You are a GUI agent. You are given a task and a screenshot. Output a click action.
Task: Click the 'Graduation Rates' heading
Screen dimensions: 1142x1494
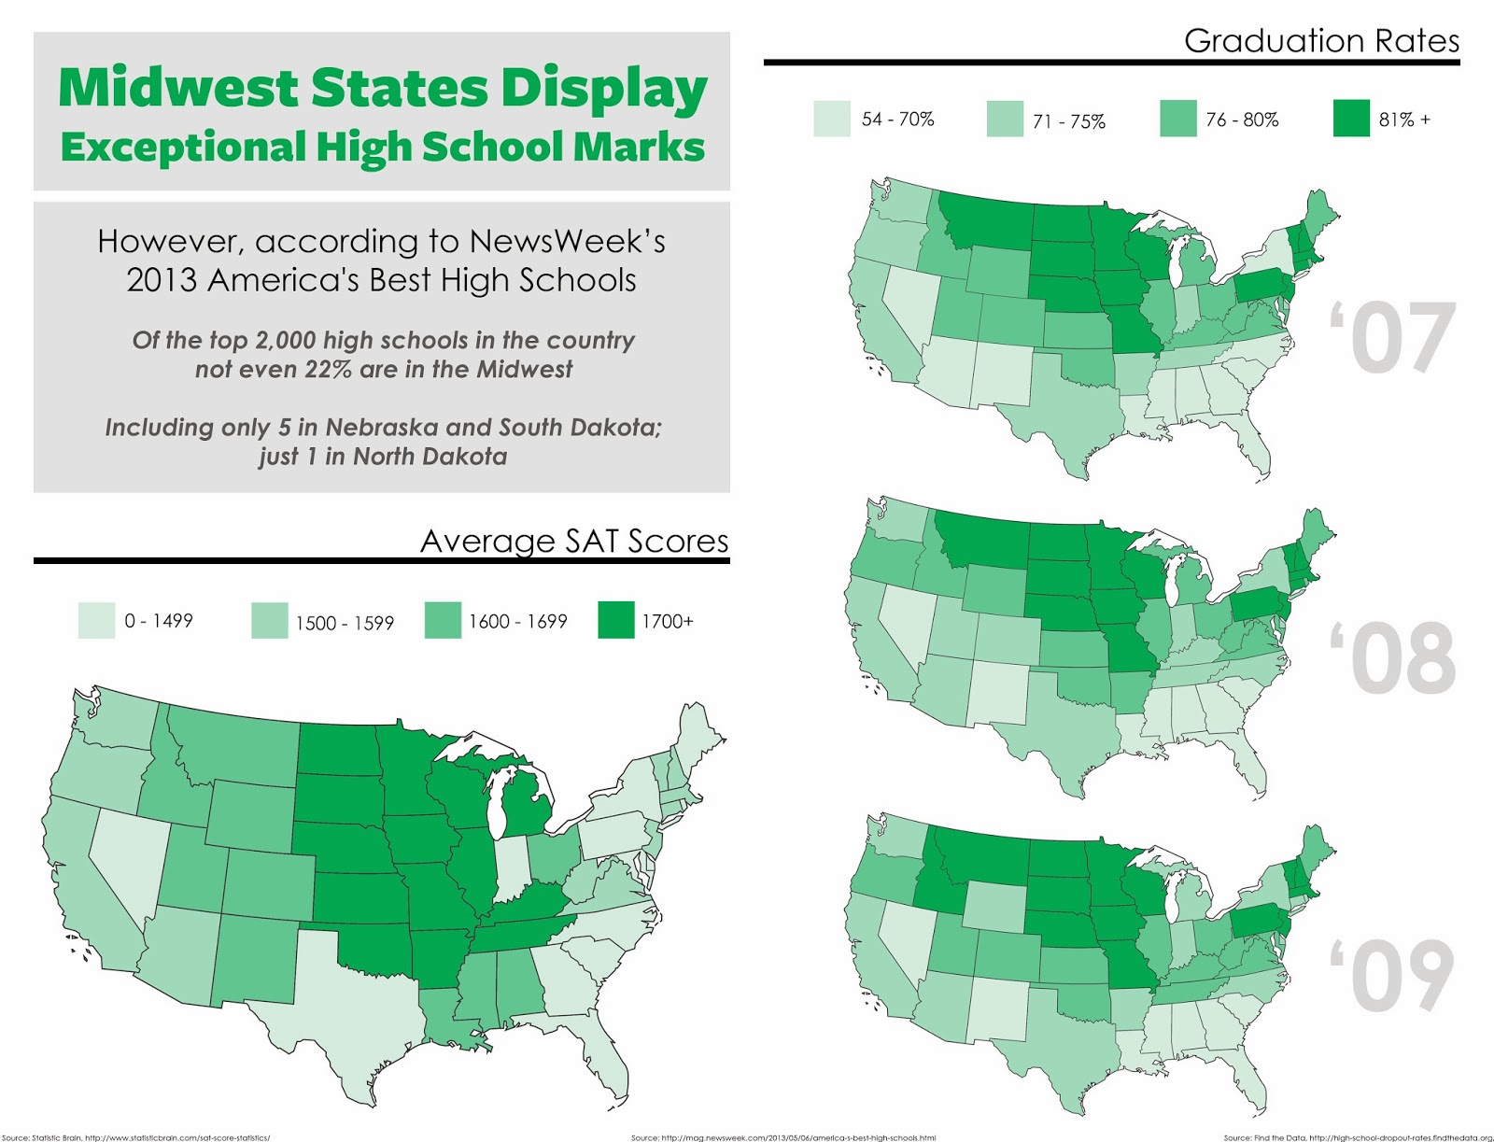[x=1321, y=41]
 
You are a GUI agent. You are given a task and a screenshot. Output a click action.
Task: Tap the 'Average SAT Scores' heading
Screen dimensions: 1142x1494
[x=574, y=542]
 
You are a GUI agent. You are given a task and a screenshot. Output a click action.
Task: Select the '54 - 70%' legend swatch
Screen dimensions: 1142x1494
[x=831, y=120]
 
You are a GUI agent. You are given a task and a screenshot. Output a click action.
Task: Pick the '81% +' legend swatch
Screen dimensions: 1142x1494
[x=1351, y=120]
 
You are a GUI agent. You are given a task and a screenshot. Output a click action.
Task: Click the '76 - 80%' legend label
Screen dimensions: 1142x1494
[x=1242, y=120]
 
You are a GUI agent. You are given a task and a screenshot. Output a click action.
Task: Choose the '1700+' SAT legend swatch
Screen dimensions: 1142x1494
[x=615, y=621]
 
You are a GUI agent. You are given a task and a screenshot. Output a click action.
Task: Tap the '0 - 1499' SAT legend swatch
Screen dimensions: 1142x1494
[x=96, y=621]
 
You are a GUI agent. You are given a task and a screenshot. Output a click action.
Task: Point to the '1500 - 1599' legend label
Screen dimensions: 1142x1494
[x=345, y=623]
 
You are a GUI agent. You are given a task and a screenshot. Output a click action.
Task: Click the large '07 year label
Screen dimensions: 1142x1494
[x=1392, y=338]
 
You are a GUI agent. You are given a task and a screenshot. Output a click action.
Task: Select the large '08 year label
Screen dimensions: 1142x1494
[x=1392, y=658]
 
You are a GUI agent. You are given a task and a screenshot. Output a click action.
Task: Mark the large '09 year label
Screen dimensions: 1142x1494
[x=1392, y=976]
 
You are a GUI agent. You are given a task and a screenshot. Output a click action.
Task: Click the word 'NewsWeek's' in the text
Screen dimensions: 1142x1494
[x=568, y=242]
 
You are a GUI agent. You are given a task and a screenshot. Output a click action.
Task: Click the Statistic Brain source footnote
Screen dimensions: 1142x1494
[x=136, y=1137]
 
